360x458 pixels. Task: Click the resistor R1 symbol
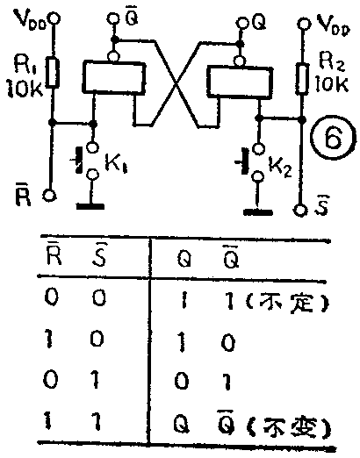53,72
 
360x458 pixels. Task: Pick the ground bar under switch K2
257,211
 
